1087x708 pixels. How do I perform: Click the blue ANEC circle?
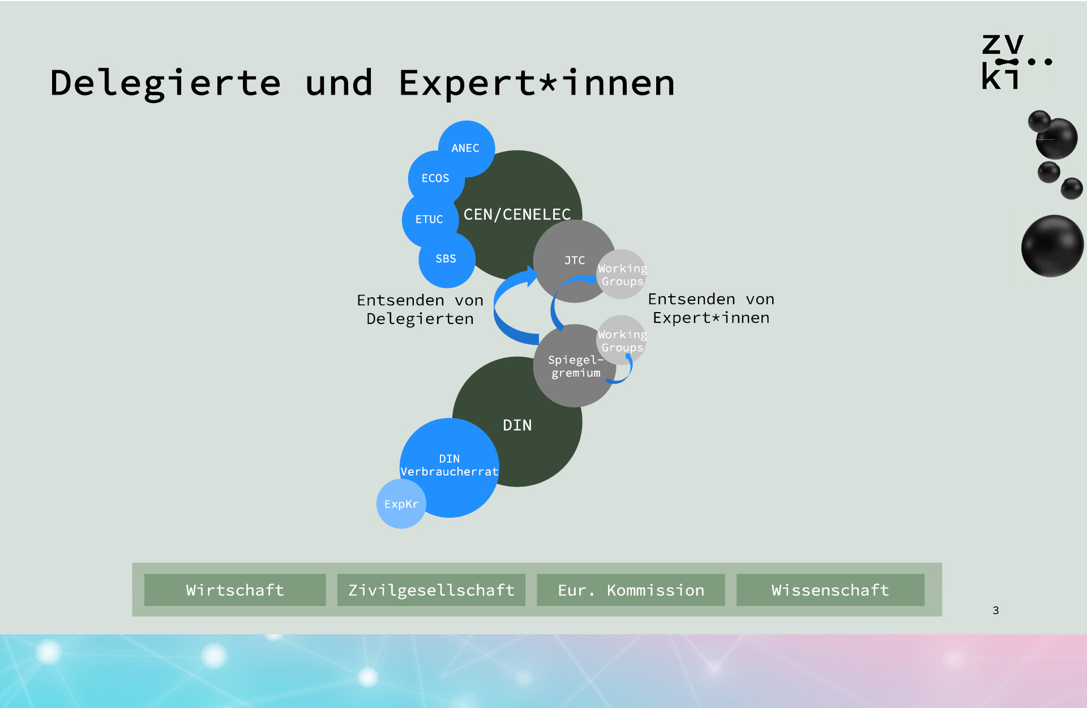tap(467, 148)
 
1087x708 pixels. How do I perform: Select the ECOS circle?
tap(436, 178)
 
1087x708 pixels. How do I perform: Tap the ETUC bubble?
tap(430, 219)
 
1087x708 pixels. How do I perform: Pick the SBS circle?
tap(447, 259)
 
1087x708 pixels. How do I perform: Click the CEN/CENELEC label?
tap(517, 214)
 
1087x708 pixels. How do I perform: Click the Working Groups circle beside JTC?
tap(622, 274)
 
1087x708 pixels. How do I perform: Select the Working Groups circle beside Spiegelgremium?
tap(622, 340)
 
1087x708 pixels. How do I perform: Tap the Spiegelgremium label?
tap(575, 366)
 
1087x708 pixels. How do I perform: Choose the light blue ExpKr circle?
tap(401, 504)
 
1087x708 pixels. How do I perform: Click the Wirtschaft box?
tap(235, 590)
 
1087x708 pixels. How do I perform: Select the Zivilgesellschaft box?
tap(431, 590)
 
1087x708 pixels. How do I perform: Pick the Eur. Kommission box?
tap(631, 590)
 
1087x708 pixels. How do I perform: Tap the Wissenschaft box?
tap(831, 590)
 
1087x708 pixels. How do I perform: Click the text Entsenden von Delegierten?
tap(420, 309)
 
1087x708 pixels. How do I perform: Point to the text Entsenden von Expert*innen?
tap(711, 308)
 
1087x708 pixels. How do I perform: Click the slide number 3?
tap(996, 610)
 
